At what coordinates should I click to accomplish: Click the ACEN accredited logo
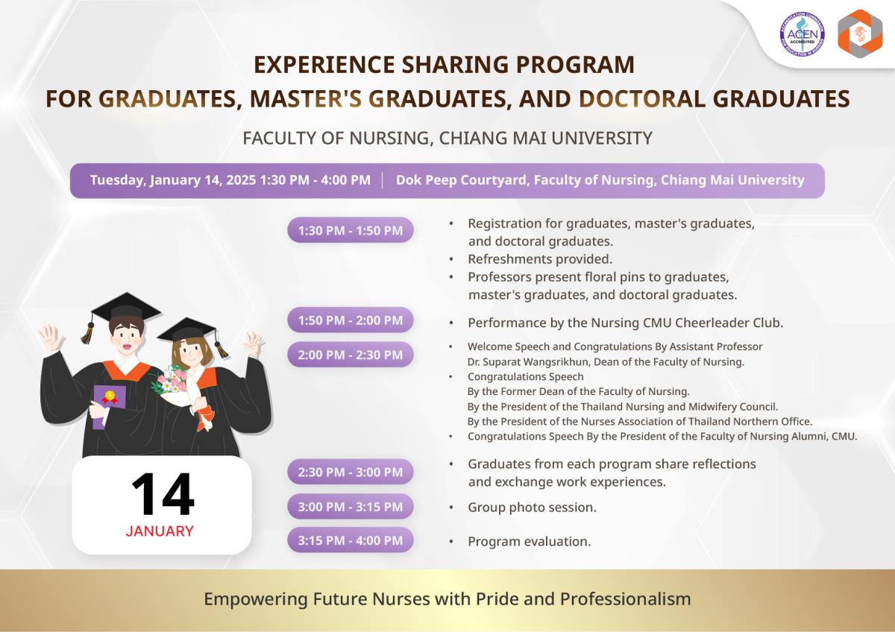click(x=803, y=34)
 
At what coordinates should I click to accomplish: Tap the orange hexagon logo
click(x=860, y=34)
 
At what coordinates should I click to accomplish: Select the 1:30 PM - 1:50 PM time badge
click(x=351, y=230)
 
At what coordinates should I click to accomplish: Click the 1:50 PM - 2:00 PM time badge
click(x=351, y=320)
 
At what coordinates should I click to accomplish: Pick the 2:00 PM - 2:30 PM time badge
click(x=351, y=355)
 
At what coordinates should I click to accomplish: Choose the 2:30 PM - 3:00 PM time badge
click(x=351, y=472)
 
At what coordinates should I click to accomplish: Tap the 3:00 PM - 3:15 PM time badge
click(x=351, y=506)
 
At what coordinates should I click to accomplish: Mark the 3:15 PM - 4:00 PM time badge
click(x=351, y=540)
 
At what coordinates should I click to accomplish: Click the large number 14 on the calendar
click(x=163, y=494)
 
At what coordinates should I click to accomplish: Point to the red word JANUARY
click(x=160, y=531)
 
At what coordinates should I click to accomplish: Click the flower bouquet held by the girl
click(x=172, y=382)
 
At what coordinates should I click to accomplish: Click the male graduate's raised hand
click(x=51, y=338)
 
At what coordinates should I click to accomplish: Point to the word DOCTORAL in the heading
click(x=641, y=99)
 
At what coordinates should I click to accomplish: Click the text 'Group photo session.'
click(x=532, y=508)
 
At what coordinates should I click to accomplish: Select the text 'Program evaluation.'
click(x=529, y=541)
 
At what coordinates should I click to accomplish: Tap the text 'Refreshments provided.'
click(x=540, y=259)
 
